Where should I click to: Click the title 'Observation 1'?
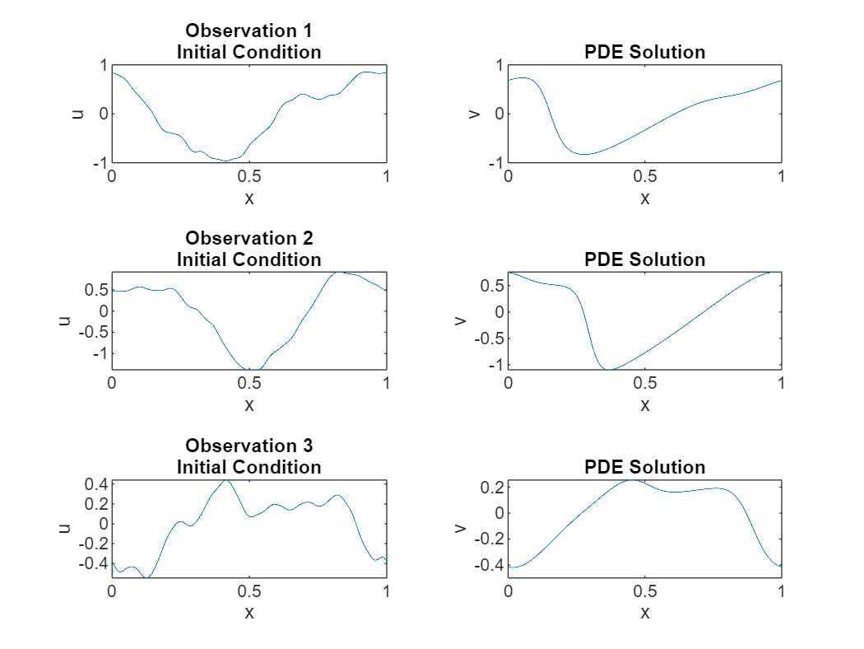pos(249,31)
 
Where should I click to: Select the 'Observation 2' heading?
pos(249,239)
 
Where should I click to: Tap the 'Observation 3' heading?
pos(249,446)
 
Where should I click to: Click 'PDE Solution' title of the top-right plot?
pos(645,53)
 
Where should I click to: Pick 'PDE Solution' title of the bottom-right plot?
pos(645,468)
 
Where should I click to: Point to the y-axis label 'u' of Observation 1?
pos(78,114)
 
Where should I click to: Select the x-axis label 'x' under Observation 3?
pos(249,613)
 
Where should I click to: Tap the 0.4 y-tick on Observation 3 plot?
pos(96,483)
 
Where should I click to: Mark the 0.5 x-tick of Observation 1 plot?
pos(249,177)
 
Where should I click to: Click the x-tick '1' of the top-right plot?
pos(781,177)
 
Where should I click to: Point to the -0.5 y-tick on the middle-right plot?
pos(489,339)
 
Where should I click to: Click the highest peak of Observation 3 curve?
pos(227,479)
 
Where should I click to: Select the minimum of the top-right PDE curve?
pos(584,154)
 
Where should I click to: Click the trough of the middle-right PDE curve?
pos(609,369)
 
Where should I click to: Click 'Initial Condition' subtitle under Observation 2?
pos(249,260)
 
